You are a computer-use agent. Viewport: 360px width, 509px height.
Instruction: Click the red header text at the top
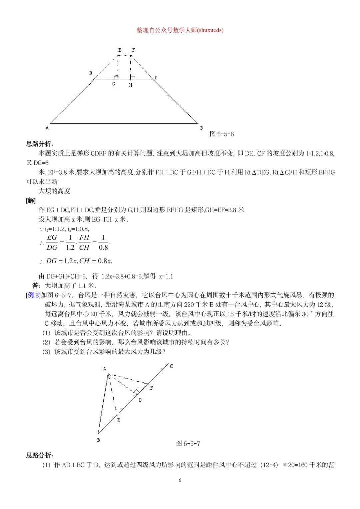point(180,30)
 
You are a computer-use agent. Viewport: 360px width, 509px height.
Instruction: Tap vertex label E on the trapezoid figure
point(119,50)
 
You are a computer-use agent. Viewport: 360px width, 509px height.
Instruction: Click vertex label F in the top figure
point(133,50)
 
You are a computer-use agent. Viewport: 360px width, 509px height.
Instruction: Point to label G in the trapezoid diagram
point(114,84)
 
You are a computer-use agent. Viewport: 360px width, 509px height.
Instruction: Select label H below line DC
point(131,85)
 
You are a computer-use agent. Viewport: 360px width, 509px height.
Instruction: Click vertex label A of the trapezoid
point(47,128)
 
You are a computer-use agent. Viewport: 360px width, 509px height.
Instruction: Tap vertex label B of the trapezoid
point(201,128)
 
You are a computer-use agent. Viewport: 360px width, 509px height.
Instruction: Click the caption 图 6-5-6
point(222,134)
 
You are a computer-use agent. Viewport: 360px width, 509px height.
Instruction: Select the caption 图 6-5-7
point(188,443)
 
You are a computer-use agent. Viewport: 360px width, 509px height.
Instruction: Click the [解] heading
point(31,200)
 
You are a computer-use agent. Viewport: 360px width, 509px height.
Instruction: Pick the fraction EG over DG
point(52,242)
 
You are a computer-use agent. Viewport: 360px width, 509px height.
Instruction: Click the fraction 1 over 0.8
point(103,242)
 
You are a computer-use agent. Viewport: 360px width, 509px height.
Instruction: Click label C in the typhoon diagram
point(171,366)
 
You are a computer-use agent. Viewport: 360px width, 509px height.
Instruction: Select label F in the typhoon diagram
point(151,388)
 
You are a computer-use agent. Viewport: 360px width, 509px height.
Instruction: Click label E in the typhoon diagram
point(118,420)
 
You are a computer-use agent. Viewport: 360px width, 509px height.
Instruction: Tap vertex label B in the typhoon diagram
point(99,440)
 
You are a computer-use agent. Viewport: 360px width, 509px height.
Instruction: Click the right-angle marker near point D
point(136,391)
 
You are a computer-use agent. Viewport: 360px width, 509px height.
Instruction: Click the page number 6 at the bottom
point(180,480)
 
